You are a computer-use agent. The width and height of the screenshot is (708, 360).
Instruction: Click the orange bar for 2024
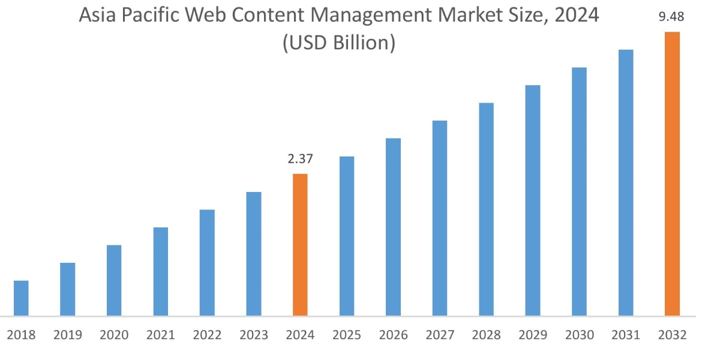(300, 245)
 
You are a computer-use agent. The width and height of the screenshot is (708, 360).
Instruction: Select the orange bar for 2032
(672, 174)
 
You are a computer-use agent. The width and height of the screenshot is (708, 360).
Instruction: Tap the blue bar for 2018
(21, 298)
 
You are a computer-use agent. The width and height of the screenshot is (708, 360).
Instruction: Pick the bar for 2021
(160, 271)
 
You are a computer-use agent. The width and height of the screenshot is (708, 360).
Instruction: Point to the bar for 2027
(439, 218)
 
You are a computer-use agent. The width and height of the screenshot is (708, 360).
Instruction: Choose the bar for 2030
(579, 191)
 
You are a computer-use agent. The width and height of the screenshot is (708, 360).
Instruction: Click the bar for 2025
(346, 236)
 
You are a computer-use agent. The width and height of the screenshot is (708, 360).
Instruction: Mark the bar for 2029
(532, 200)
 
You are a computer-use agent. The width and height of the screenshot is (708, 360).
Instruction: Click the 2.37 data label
(300, 159)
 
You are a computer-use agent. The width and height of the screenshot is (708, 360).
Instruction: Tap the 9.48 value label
(671, 17)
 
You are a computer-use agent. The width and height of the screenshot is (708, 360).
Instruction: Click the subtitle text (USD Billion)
(339, 43)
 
